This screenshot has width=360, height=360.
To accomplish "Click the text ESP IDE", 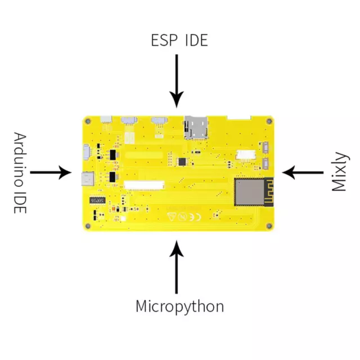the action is pos(179,40).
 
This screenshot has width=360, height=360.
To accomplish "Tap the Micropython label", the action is pos(180,307).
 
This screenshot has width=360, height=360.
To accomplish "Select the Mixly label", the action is pos(340,172).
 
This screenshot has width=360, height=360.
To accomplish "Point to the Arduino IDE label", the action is pos(20,173).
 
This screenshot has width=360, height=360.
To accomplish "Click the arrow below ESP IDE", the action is pos(177,81).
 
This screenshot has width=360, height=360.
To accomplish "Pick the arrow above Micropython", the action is pos(177,267).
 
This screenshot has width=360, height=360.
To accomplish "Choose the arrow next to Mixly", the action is pos(303,173).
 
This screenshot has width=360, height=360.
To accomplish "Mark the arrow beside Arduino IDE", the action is pos(51,173).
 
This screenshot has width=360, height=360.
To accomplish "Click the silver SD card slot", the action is pos(196,128).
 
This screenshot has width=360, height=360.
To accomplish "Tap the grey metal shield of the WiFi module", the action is pos(249,192).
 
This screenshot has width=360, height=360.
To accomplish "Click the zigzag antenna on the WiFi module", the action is pos(269,192).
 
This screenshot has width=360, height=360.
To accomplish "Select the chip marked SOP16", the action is pos(97,200).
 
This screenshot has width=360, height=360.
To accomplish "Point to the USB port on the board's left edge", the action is pos(88,179).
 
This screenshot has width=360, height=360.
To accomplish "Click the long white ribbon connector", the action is pos(144,185).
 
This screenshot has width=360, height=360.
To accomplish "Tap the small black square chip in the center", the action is pos(182,161).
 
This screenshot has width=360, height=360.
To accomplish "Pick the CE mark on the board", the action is pos(195,217).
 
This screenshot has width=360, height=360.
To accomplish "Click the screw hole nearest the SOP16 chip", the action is pos(88,226).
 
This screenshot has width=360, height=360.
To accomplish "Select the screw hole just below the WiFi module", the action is pos(269,226).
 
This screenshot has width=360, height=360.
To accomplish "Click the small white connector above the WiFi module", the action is pos(246,155).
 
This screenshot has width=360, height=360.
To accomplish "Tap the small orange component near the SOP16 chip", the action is pos(113,209).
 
